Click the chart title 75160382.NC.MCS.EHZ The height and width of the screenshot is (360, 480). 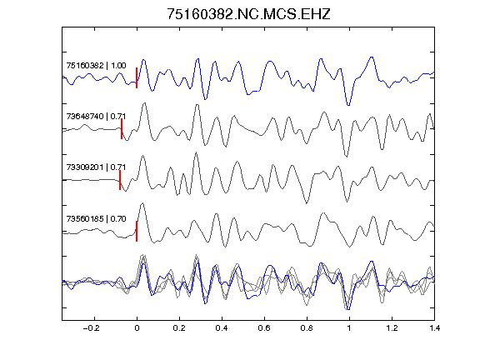click(x=248, y=14)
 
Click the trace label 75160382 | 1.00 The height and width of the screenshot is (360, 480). click(x=96, y=66)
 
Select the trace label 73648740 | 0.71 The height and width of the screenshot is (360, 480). click(x=96, y=117)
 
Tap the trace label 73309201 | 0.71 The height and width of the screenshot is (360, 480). click(x=96, y=167)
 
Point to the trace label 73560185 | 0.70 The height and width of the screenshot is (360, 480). click(x=96, y=218)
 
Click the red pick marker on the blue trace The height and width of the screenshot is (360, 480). click(x=137, y=77)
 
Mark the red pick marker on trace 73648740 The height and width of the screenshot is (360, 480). click(x=122, y=129)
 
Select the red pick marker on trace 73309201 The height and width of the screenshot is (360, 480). click(x=120, y=180)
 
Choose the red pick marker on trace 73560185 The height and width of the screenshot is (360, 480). click(x=137, y=231)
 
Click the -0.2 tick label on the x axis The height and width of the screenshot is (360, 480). click(x=92, y=328)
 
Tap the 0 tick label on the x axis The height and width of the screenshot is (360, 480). click(x=137, y=328)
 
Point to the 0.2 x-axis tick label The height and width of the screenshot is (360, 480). click(x=179, y=328)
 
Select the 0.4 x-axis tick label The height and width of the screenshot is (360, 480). click(x=222, y=328)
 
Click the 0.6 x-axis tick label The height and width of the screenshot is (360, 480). click(x=264, y=328)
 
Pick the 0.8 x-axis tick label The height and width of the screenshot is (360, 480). click(x=307, y=328)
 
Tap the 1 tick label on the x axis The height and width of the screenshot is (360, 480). click(x=349, y=328)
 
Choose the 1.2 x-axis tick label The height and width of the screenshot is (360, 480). click(x=392, y=328)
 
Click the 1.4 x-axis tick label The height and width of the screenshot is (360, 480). click(x=434, y=328)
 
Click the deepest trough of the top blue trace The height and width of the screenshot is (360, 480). click(x=348, y=106)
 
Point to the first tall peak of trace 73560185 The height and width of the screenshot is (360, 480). click(x=142, y=203)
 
